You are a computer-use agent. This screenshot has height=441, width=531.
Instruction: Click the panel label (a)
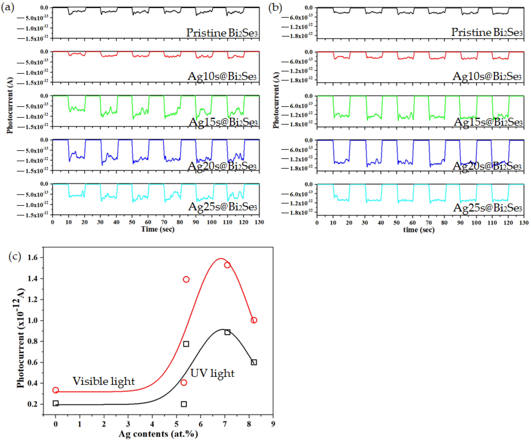pos(8,8)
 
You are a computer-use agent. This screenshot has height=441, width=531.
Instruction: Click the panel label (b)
pos(275,8)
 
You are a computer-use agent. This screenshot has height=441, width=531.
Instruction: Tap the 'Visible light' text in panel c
pos(104,381)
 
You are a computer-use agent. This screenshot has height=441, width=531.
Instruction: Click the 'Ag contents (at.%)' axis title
pos(158,434)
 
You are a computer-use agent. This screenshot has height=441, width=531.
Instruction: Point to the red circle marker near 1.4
pos(186,279)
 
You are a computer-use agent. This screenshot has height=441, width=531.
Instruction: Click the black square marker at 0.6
pos(254,362)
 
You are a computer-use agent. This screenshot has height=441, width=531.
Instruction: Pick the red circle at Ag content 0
pos(56,390)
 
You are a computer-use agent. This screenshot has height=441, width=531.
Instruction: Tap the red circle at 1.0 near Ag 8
pos(254,320)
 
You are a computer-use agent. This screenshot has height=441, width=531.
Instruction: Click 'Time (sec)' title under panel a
pos(158,229)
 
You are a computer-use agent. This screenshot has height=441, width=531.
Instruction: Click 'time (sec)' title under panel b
pos(419,230)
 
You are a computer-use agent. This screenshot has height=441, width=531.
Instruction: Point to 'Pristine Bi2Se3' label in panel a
pos(222,33)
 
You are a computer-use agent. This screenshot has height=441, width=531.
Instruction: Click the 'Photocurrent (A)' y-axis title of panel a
pos(10,105)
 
